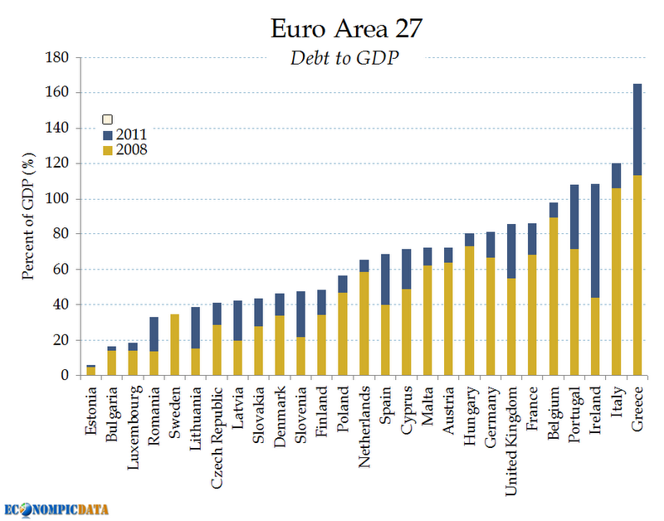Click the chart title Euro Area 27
[347, 29]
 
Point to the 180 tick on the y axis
[58, 57]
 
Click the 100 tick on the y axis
[58, 199]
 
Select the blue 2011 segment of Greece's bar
[637, 129]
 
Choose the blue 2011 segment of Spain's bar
[385, 280]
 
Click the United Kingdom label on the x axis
[512, 440]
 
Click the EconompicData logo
[57, 509]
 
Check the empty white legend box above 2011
[107, 119]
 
